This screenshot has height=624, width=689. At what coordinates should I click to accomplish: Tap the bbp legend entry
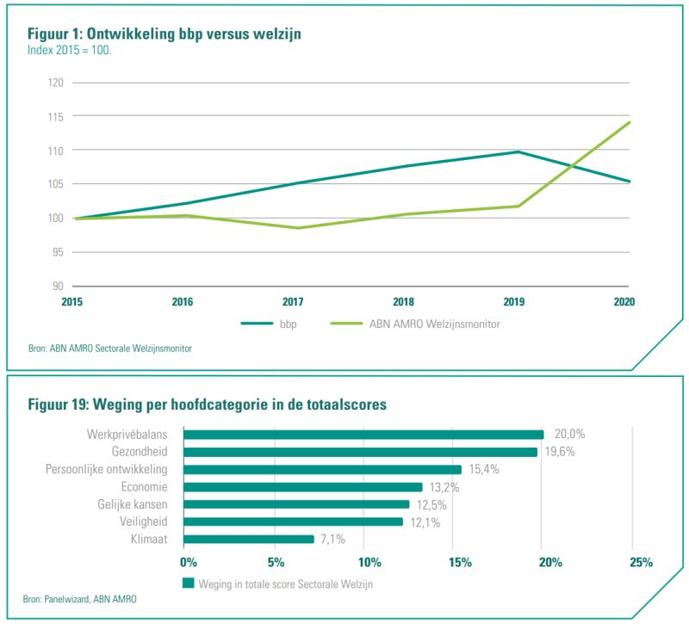point(276,324)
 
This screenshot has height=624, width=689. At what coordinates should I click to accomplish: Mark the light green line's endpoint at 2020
point(630,122)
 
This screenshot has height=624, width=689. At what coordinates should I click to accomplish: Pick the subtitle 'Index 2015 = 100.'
point(70,50)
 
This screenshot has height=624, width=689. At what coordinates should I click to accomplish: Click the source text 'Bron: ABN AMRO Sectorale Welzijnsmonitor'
point(110,349)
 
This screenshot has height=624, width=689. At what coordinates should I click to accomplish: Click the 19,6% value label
point(560,452)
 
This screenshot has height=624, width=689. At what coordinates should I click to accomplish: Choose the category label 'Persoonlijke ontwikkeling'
point(106,469)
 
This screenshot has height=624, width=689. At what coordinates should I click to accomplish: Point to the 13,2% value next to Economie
point(444,487)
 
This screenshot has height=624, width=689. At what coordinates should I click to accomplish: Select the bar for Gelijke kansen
point(297,504)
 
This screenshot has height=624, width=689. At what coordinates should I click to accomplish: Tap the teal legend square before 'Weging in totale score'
point(189,583)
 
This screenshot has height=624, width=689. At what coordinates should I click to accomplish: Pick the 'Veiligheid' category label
point(142,522)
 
